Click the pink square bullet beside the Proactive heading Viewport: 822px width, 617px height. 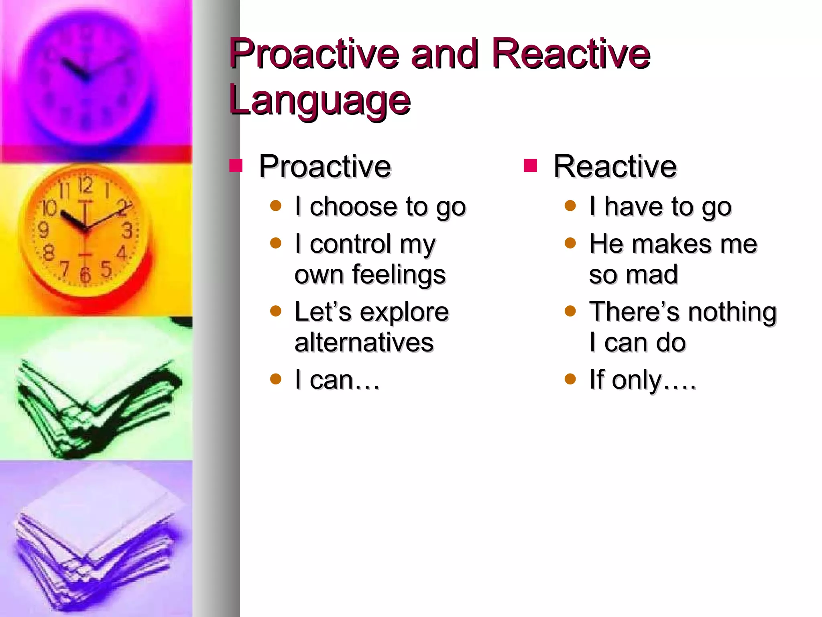[236, 165]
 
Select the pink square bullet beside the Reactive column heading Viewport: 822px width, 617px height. [530, 165]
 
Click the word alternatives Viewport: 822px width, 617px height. [364, 343]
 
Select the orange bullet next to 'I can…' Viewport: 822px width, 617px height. [276, 379]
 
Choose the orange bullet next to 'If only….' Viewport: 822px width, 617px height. [570, 379]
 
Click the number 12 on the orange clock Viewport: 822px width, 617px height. [85, 185]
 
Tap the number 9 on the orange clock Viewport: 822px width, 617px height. [43, 230]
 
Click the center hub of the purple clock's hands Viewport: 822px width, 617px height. [85, 76]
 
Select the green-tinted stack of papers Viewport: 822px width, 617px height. [96, 406]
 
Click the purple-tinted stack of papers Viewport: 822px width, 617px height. [96, 550]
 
